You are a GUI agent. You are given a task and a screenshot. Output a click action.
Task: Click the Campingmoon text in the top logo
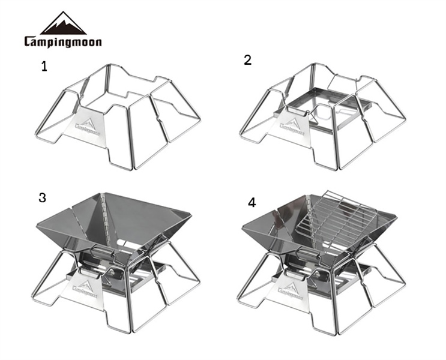click(63, 42)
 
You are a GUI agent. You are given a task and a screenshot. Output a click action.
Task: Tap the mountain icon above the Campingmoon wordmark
click(63, 23)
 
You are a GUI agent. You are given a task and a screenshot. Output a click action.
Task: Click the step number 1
click(44, 67)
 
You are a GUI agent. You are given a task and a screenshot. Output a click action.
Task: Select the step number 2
click(248, 60)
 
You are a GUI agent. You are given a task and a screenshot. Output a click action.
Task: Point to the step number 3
click(42, 197)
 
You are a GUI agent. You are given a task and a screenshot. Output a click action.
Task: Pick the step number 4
click(252, 203)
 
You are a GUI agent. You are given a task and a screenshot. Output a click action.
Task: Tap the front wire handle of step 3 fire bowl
click(103, 252)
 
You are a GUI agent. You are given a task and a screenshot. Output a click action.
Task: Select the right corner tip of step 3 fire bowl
click(191, 214)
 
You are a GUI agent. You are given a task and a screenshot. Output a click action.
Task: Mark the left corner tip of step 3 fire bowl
click(37, 225)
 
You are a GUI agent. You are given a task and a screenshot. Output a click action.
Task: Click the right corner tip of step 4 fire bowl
click(396, 217)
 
